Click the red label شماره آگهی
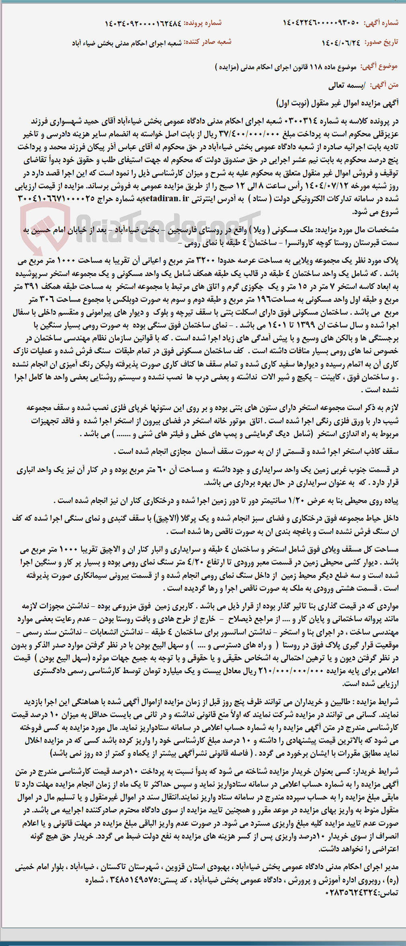(381, 23)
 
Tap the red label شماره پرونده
(203, 23)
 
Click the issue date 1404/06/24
(341, 42)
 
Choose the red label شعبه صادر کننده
(208, 41)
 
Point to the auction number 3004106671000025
(56, 199)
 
